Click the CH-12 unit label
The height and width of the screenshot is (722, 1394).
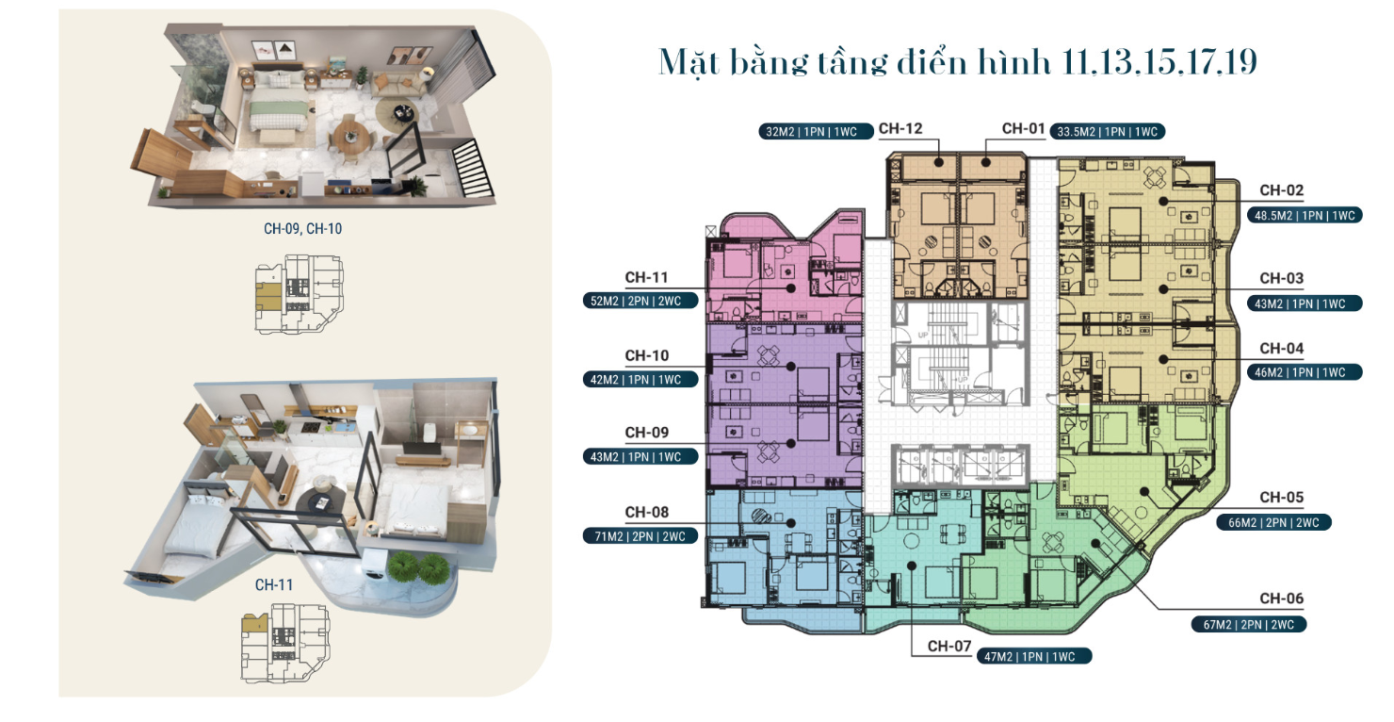click(x=900, y=128)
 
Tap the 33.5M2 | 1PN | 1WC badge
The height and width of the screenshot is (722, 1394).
click(x=1108, y=131)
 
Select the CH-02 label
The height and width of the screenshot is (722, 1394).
click(x=1281, y=190)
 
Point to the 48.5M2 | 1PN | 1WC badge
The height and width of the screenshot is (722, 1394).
click(x=1305, y=216)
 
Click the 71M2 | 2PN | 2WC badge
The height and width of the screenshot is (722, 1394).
click(x=640, y=536)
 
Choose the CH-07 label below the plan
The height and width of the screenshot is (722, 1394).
click(x=949, y=646)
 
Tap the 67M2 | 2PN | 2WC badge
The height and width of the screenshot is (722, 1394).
click(x=1248, y=624)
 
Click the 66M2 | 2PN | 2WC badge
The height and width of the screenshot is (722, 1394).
click(x=1273, y=523)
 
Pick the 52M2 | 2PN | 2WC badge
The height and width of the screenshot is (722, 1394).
click(x=640, y=301)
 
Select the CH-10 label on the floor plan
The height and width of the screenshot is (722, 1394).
click(x=646, y=355)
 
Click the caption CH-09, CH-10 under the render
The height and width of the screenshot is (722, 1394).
click(x=302, y=229)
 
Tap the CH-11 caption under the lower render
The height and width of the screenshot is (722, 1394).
click(x=274, y=584)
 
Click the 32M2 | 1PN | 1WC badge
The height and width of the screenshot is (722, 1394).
click(x=816, y=131)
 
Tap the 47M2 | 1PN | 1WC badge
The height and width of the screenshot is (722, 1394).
click(x=1033, y=657)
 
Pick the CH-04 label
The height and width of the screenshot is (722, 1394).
click(x=1281, y=348)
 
